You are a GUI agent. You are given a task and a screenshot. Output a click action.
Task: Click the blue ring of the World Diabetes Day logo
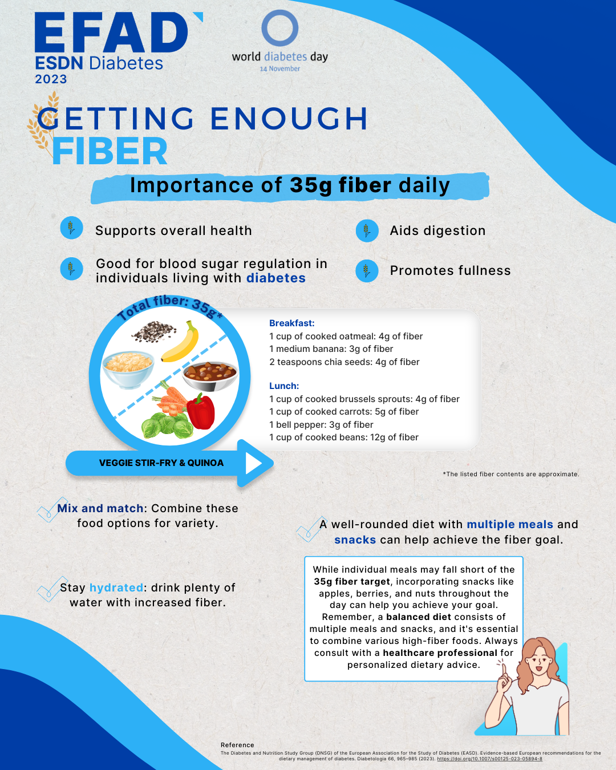tap(263, 28)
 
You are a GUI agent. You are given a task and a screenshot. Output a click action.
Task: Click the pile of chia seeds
tap(153, 331)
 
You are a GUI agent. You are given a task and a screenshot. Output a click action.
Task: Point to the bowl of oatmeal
tap(128, 369)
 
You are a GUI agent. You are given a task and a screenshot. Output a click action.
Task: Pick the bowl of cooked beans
tap(210, 376)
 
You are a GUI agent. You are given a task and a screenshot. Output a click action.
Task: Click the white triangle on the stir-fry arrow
tap(253, 463)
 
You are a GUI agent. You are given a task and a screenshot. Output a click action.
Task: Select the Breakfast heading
tap(291, 323)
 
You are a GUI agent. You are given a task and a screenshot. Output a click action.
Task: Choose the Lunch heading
tap(284, 386)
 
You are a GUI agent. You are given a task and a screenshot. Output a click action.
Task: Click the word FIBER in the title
tap(110, 151)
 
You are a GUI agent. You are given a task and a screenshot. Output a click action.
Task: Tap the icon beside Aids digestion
tap(367, 231)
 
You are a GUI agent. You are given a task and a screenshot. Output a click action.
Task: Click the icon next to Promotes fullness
tap(367, 271)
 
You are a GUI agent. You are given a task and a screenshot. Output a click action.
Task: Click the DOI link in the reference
tap(489, 759)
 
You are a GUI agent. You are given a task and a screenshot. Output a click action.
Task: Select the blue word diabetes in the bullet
tap(276, 278)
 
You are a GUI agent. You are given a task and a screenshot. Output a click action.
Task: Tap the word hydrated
tap(116, 587)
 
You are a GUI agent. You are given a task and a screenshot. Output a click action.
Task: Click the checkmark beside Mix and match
tap(52, 509)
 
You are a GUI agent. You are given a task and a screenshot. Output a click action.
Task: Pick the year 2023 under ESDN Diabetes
tap(51, 79)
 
